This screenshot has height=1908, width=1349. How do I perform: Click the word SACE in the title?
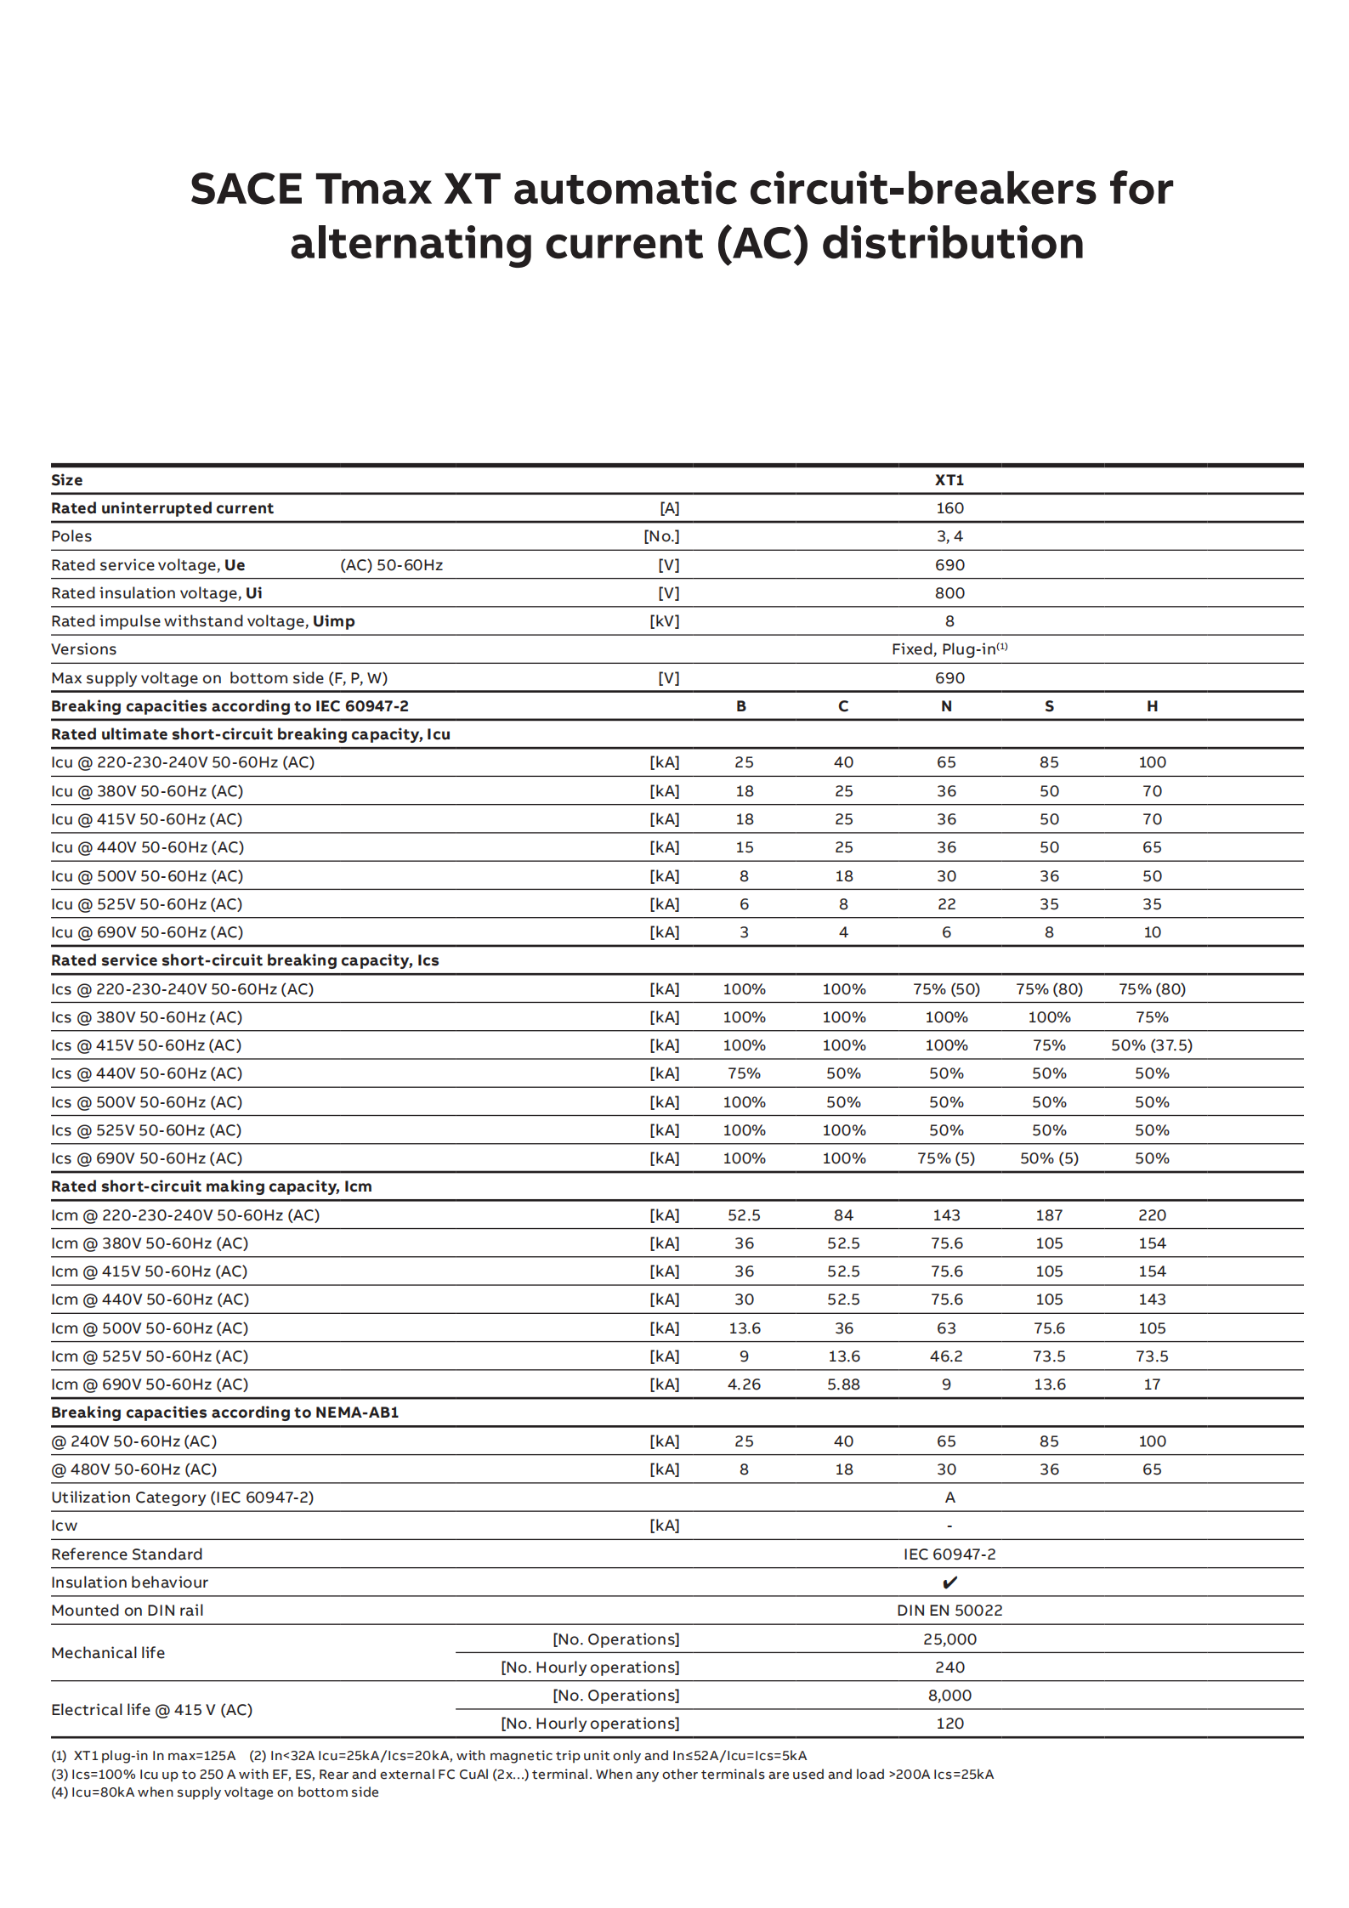pyautogui.click(x=246, y=189)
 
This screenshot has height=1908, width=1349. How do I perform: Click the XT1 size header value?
pyautogui.click(x=949, y=480)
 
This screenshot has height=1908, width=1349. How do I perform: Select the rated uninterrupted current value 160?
pyautogui.click(x=949, y=508)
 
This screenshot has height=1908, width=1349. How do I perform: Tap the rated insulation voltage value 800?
pyautogui.click(x=949, y=593)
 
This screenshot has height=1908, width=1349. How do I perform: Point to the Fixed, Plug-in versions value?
pyautogui.click(x=949, y=649)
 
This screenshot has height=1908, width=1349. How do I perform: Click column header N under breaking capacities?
pyautogui.click(x=946, y=706)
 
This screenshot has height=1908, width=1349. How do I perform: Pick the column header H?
pyautogui.click(x=1152, y=706)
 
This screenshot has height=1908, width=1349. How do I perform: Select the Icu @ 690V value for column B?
pyautogui.click(x=744, y=932)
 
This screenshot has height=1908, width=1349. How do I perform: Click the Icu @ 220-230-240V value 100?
pyautogui.click(x=1152, y=762)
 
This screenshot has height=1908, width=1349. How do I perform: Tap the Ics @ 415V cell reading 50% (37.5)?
pyautogui.click(x=1152, y=1045)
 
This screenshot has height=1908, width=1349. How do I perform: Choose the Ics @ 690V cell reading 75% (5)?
pyautogui.click(x=946, y=1158)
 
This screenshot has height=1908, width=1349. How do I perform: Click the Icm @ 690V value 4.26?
pyautogui.click(x=744, y=1384)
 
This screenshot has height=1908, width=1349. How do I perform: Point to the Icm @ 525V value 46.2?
pyautogui.click(x=946, y=1356)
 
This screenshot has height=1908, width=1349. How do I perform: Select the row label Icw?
pyautogui.click(x=65, y=1526)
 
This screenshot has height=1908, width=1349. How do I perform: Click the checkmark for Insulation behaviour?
pyautogui.click(x=949, y=1582)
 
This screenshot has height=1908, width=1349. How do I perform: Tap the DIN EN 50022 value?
pyautogui.click(x=949, y=1611)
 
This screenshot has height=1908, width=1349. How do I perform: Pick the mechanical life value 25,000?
pyautogui.click(x=949, y=1639)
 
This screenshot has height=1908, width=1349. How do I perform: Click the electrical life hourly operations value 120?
pyautogui.click(x=949, y=1724)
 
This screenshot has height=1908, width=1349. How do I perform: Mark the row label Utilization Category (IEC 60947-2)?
pyautogui.click(x=182, y=1498)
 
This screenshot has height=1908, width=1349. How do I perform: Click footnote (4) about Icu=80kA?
pyautogui.click(x=215, y=1792)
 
